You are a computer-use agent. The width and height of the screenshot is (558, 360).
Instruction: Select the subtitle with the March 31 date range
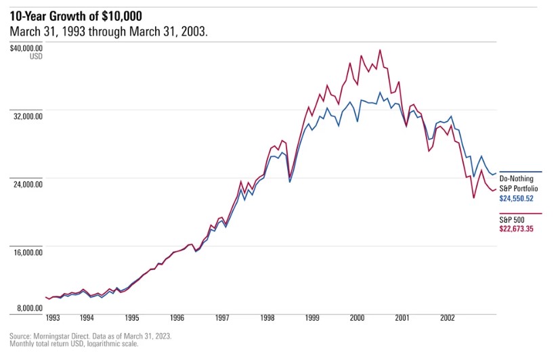pyautogui.click(x=109, y=32)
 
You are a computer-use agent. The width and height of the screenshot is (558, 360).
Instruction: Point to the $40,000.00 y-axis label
pyautogui.click(x=26, y=48)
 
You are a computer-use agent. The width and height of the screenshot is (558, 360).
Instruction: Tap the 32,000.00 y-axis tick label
pyautogui.click(x=28, y=116)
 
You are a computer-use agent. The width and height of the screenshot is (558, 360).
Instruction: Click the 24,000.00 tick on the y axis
pyautogui.click(x=28, y=183)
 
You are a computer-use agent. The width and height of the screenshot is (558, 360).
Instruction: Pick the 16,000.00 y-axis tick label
pyautogui.click(x=28, y=252)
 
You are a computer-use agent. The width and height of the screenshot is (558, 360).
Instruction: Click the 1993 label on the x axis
pyautogui.click(x=53, y=317)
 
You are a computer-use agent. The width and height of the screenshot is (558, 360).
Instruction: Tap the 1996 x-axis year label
pyautogui.click(x=177, y=317)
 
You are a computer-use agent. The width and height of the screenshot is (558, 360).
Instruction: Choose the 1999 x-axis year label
pyautogui.click(x=312, y=317)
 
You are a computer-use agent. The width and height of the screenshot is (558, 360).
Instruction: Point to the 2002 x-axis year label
pyautogui.click(x=448, y=317)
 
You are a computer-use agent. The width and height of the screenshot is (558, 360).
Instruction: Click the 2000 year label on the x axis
pyautogui.click(x=357, y=317)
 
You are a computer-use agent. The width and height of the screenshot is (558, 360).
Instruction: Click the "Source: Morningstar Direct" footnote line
pyautogui.click(x=91, y=336)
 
